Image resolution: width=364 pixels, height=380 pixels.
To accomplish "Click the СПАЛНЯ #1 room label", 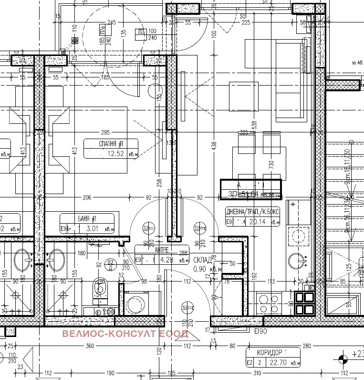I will [x=111, y=143].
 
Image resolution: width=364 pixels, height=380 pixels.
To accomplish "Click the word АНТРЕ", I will [x=163, y=250].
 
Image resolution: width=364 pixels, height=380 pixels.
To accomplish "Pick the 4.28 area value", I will [x=166, y=261].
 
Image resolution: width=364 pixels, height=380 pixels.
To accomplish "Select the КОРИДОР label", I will [x=269, y=352].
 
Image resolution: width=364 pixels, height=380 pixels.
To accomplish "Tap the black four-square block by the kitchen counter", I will [x=304, y=303].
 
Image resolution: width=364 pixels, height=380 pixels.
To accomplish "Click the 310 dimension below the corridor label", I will [x=257, y=373].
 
